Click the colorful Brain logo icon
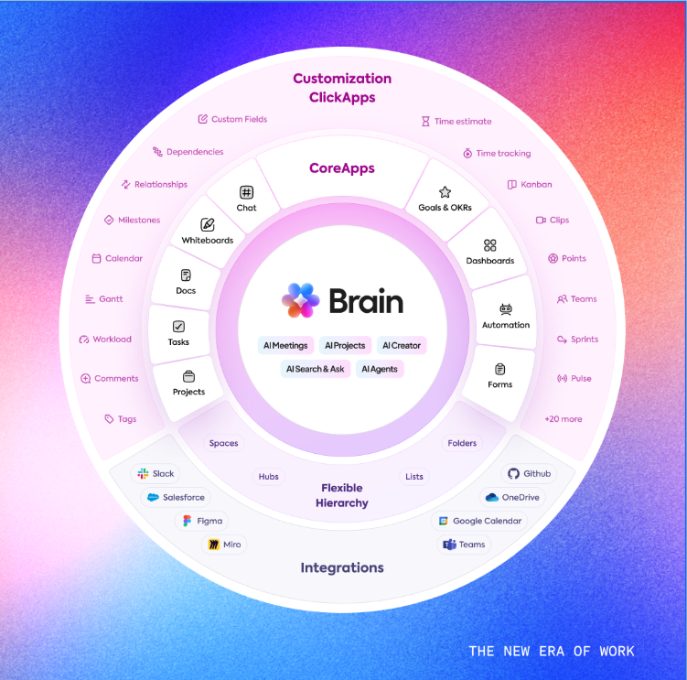coord(301,300)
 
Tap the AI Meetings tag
coord(285,346)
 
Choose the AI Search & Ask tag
coord(316,369)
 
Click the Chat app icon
coord(246,192)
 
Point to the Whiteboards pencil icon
coord(208,224)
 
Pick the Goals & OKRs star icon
coord(445,192)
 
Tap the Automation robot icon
coord(506,309)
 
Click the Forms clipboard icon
coord(499,369)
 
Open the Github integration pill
coord(530,474)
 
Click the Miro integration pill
coord(224,545)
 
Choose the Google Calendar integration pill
coord(479,521)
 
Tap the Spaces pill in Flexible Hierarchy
coord(223,443)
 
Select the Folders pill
coord(462,443)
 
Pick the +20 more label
coord(563,419)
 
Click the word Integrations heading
coord(343,568)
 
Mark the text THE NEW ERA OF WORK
coord(551,652)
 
